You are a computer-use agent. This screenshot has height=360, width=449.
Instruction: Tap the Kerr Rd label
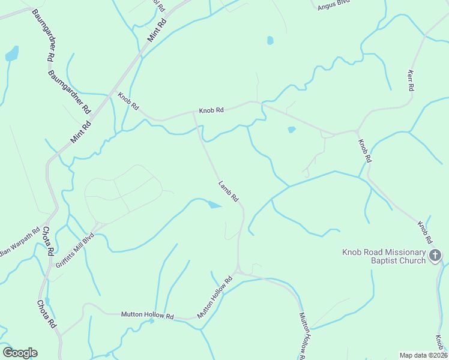(411, 80)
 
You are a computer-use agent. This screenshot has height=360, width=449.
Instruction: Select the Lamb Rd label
(229, 191)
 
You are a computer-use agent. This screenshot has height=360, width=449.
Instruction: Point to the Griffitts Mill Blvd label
(75, 241)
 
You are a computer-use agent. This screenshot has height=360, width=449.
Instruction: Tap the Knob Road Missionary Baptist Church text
(384, 256)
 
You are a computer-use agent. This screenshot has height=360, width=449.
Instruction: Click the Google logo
(20, 353)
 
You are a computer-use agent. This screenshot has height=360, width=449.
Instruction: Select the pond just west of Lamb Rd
(214, 206)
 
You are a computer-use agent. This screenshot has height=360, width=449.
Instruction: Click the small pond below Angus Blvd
(270, 41)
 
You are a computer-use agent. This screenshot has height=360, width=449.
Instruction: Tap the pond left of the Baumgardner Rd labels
(11, 55)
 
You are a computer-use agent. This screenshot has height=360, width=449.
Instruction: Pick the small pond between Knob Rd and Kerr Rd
(292, 129)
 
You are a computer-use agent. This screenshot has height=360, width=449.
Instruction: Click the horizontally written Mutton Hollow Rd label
(147, 315)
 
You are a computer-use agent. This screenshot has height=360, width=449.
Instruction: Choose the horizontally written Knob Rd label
(211, 110)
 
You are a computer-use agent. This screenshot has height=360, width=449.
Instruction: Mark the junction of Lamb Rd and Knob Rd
(193, 112)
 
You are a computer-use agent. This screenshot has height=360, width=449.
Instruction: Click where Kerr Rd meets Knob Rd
(358, 130)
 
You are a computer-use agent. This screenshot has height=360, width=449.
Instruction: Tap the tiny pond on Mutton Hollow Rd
(152, 321)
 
